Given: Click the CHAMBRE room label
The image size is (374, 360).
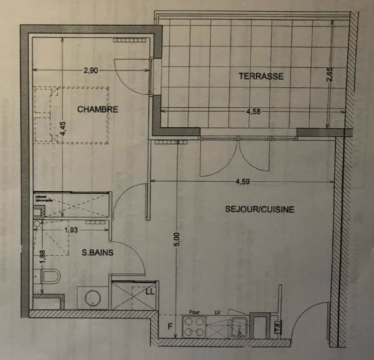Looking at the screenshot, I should click(98, 109).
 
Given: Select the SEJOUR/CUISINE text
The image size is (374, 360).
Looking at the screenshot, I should click(260, 209).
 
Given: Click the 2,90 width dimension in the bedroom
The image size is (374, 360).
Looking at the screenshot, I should click(91, 71).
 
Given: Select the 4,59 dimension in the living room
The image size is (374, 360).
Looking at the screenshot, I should click(242, 182).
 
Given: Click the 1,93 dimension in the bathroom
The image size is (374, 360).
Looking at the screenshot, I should click(71, 229).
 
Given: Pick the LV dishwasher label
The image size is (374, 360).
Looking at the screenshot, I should click(218, 313).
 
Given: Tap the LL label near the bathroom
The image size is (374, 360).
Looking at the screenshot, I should click(150, 292).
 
